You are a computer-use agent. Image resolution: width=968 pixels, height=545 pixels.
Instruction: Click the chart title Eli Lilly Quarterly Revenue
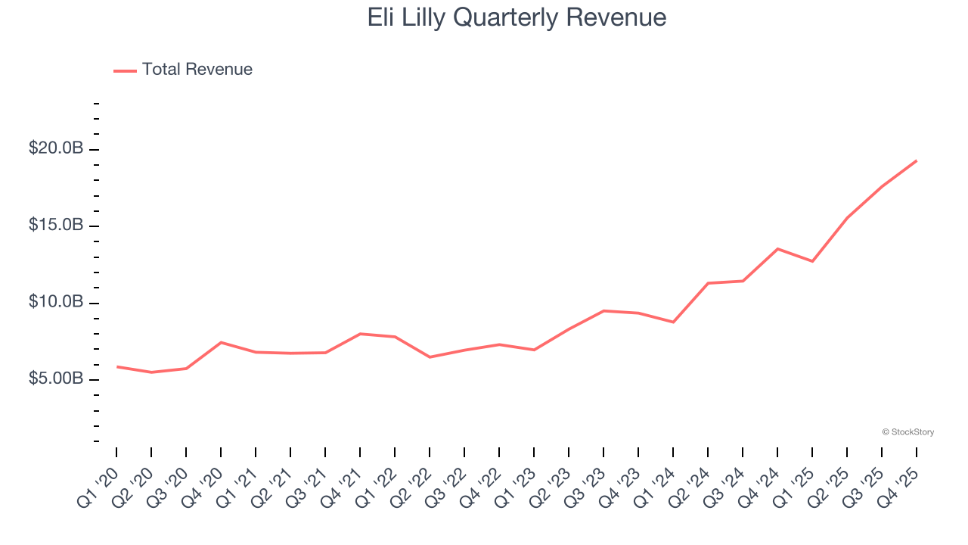[517, 17]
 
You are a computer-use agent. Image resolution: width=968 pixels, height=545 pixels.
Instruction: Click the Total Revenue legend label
[197, 70]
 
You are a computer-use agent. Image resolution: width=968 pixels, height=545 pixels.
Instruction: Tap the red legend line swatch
[125, 70]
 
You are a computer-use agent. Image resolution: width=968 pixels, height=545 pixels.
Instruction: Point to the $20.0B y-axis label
[56, 148]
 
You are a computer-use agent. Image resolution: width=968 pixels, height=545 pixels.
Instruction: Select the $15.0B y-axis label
[56, 226]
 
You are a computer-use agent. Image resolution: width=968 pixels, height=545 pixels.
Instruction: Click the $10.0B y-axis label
[56, 302]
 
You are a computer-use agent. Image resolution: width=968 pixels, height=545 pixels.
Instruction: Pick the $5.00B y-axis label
[56, 378]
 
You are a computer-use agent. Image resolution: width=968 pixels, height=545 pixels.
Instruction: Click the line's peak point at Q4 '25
[917, 160]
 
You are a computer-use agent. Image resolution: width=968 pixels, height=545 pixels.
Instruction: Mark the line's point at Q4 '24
[777, 248]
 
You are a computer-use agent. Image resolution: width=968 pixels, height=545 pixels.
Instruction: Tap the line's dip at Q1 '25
[812, 261]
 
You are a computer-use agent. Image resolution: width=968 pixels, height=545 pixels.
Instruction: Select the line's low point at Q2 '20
[151, 372]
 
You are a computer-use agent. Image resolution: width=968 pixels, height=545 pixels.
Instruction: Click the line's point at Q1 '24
[673, 322]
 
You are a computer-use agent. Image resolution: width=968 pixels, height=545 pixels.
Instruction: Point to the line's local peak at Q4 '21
[360, 334]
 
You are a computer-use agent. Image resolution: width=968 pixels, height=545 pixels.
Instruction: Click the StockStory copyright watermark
[907, 432]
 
